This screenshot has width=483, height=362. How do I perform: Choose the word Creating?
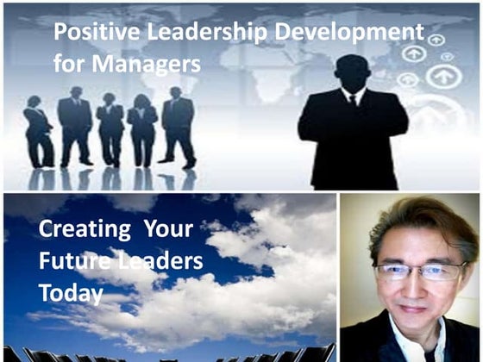coord(79,231)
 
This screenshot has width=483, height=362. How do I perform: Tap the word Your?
coord(168,231)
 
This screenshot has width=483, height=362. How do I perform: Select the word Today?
coord(71,292)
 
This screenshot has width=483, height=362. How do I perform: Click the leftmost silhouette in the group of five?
coord(38,129)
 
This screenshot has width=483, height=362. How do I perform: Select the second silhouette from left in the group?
coord(75,125)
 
